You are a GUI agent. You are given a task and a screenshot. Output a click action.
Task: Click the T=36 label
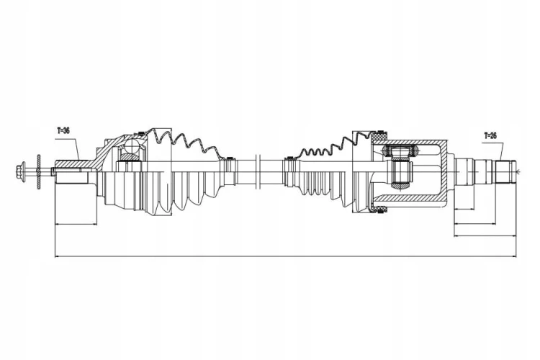click(x=63, y=130)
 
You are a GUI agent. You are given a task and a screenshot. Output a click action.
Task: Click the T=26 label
click(x=490, y=135)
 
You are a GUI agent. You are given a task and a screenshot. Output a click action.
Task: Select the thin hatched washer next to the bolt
click(x=39, y=171)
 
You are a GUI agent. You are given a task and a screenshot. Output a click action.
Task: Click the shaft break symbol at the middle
click(x=258, y=171)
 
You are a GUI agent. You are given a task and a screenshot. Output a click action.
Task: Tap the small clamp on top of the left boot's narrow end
click(x=229, y=158)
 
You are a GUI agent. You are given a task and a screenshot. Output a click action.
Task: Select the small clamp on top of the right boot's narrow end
click(x=289, y=158)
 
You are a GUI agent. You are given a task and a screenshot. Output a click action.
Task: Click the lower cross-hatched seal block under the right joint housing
click(x=380, y=208)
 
